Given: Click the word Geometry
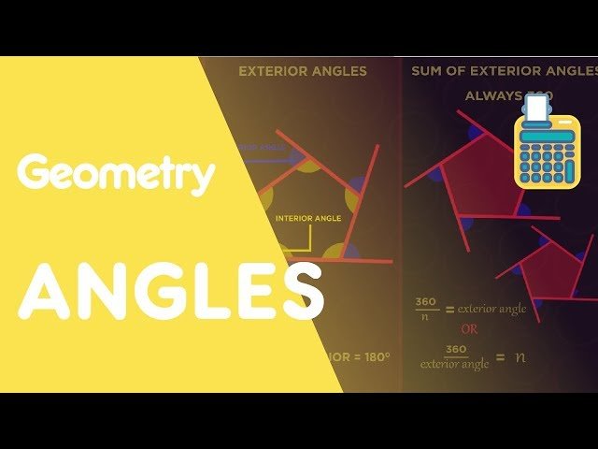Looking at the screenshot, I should [116, 175].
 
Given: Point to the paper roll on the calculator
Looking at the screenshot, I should [536, 109].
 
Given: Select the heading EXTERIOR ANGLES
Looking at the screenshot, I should [303, 71].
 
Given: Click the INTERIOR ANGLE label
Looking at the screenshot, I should [308, 219].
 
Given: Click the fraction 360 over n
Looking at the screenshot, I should [427, 309].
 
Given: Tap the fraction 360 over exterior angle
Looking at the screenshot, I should [455, 356].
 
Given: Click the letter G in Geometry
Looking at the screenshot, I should [36, 175].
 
